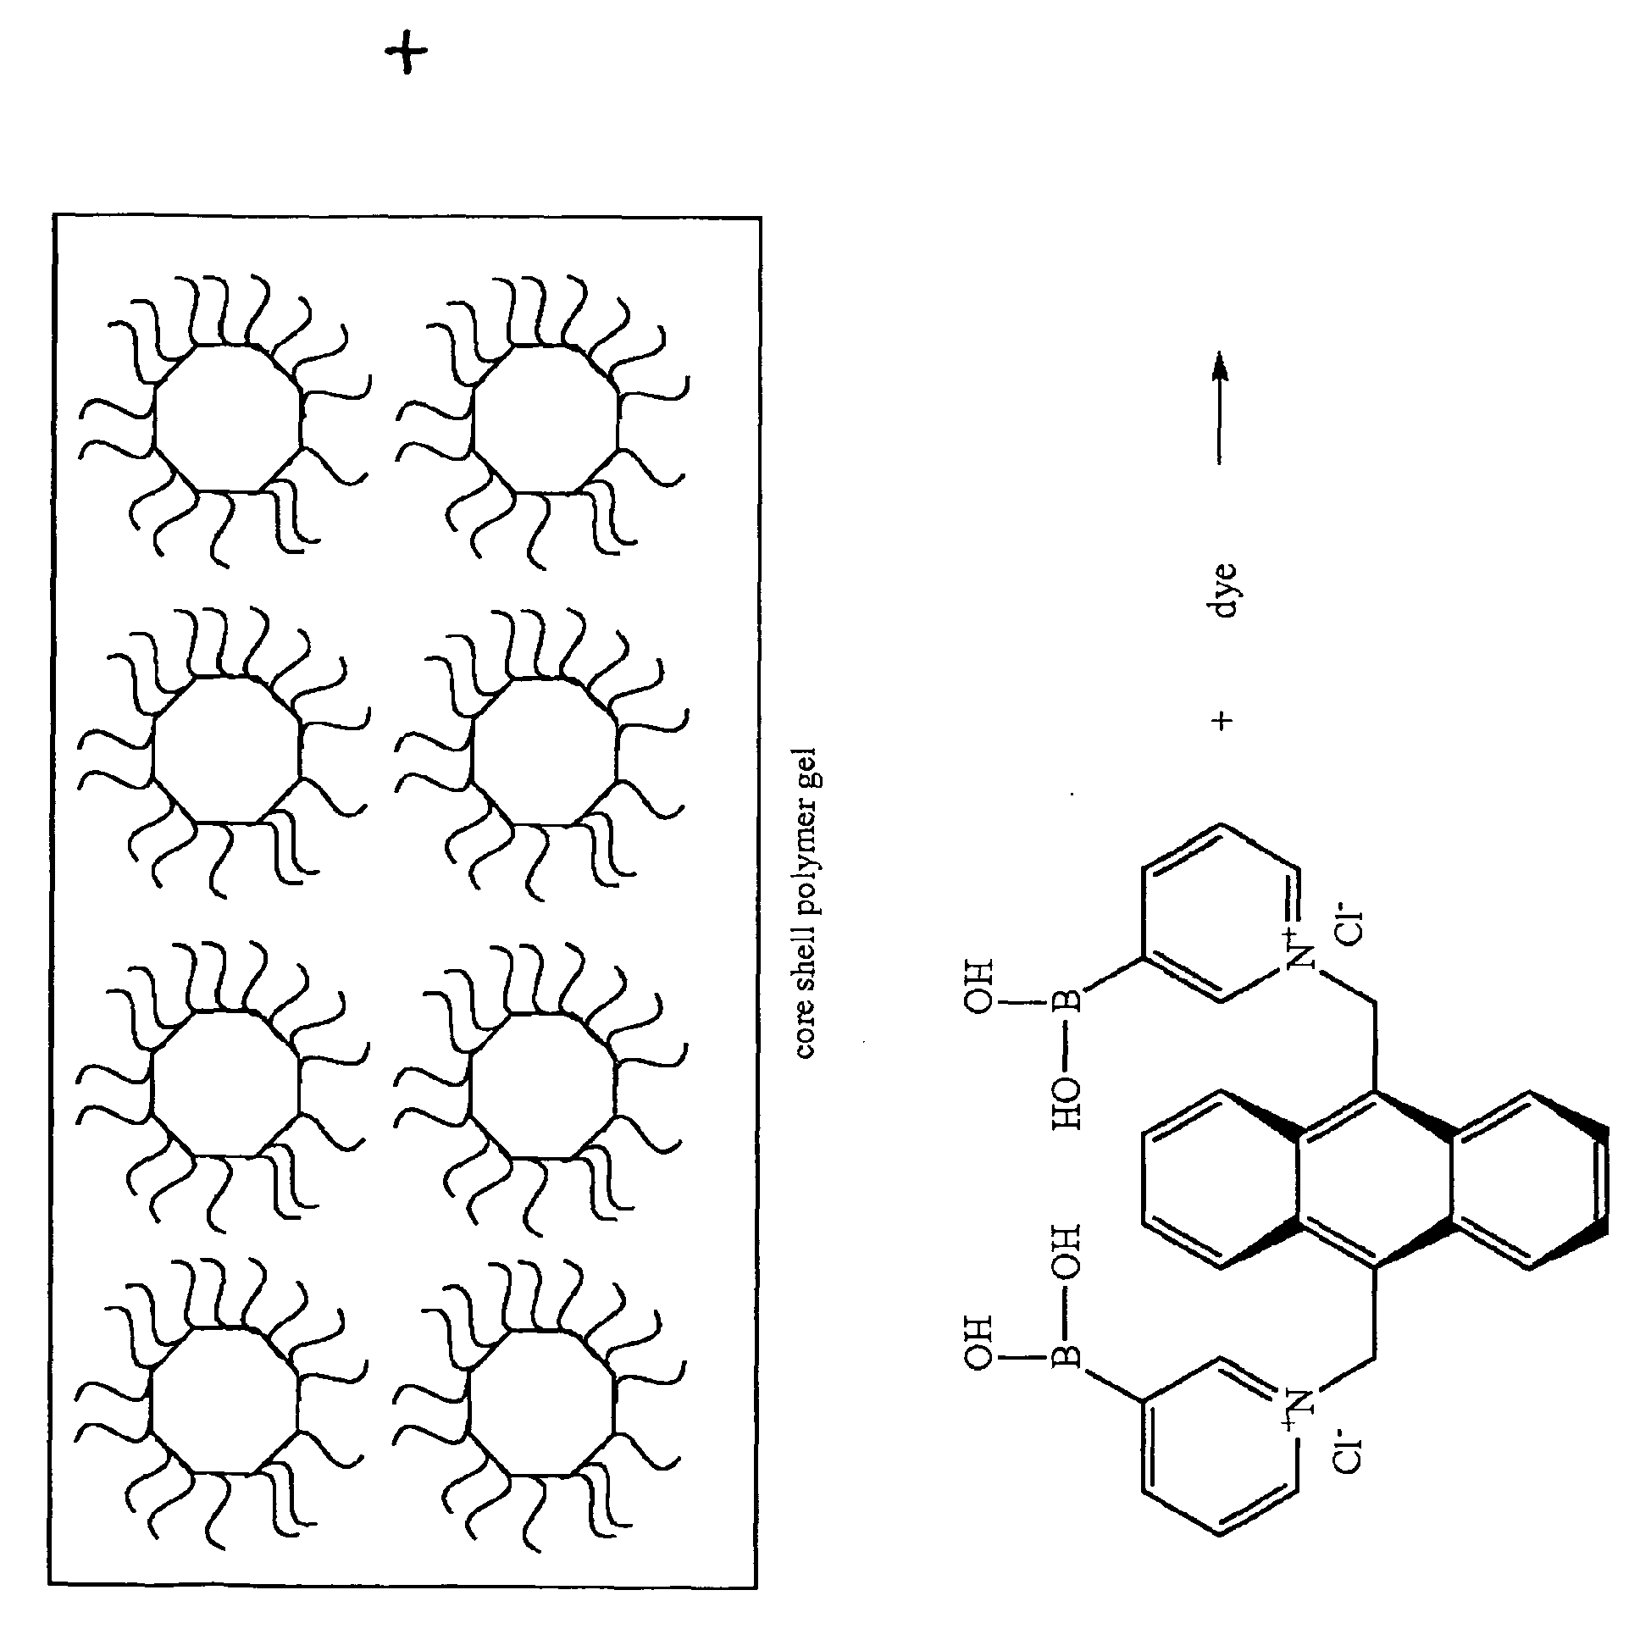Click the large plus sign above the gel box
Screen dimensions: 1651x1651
point(407,58)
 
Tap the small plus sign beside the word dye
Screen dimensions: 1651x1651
point(1223,721)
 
